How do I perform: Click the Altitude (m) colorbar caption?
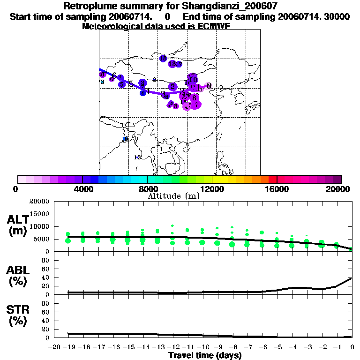point(173,196)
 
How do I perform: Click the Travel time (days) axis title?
point(205,356)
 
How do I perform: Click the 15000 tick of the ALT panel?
point(40,214)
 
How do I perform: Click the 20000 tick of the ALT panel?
point(40,202)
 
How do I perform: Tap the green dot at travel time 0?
point(351,249)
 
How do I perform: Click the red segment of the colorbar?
point(272,179)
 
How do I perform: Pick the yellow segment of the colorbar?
point(224,179)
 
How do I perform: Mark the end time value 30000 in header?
point(338,16)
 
